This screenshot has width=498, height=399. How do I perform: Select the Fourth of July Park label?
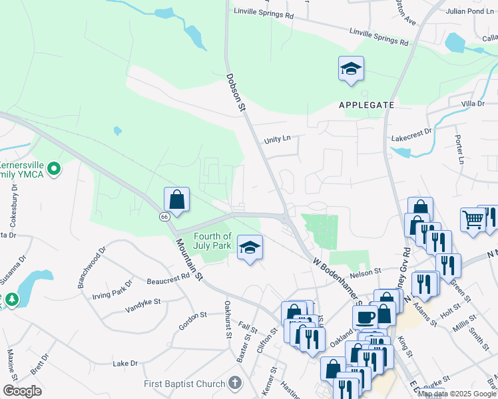click(x=213, y=241)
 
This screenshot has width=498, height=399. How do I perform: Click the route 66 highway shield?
click(x=163, y=217)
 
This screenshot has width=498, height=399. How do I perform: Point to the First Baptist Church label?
click(x=184, y=384)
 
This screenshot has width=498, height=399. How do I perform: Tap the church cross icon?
click(x=234, y=383)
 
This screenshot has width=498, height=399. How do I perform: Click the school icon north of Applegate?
click(x=351, y=68)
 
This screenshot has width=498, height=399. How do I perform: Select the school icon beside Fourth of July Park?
click(x=250, y=248)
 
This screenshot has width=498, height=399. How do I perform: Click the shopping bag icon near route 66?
click(x=176, y=199)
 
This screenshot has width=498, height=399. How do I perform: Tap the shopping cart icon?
click(x=473, y=219)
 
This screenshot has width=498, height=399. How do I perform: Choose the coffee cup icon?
click(x=365, y=317)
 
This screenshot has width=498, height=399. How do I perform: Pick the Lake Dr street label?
click(x=124, y=364)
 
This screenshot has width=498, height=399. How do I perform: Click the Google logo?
click(x=22, y=391)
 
